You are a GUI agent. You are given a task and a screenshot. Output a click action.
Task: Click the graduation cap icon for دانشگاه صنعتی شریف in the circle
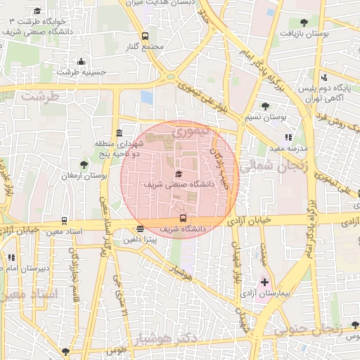[x=178, y=174]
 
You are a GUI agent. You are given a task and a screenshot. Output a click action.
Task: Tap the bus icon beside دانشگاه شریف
[x=184, y=218]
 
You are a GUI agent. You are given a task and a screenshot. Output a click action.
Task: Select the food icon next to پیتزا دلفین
[x=141, y=229]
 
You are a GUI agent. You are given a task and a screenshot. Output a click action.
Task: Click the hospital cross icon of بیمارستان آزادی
[x=264, y=282]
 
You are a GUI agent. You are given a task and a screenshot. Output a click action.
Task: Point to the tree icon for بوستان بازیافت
[x=303, y=22]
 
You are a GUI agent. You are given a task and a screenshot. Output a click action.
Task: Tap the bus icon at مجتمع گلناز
[x=145, y=36]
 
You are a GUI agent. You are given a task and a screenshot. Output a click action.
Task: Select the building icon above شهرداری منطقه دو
[x=118, y=134]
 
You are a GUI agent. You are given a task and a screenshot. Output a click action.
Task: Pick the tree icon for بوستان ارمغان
[x=84, y=165]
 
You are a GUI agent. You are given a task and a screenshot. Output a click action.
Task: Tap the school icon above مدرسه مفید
[x=288, y=138]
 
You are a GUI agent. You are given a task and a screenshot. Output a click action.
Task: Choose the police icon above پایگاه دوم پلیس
[x=324, y=77]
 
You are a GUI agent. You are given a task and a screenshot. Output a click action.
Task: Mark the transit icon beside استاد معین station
[x=65, y=221]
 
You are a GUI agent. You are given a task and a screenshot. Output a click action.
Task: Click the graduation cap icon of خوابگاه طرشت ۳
[x=37, y=11]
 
